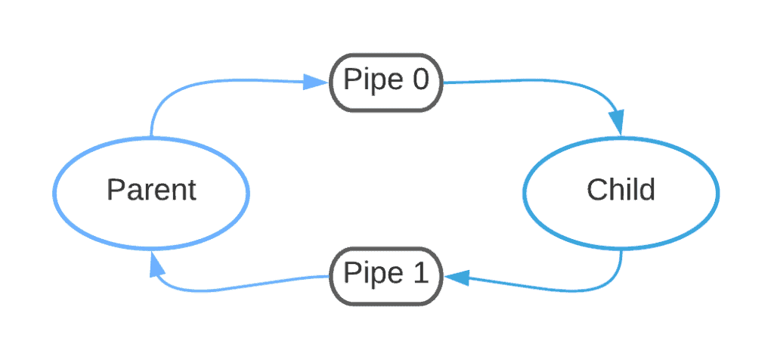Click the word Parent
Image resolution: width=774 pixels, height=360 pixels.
coord(151,190)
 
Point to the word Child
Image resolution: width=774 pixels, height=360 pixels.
coord(621,190)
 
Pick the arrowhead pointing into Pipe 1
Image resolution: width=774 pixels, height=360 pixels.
coord(458,278)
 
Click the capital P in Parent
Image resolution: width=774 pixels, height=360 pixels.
coord(114,189)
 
